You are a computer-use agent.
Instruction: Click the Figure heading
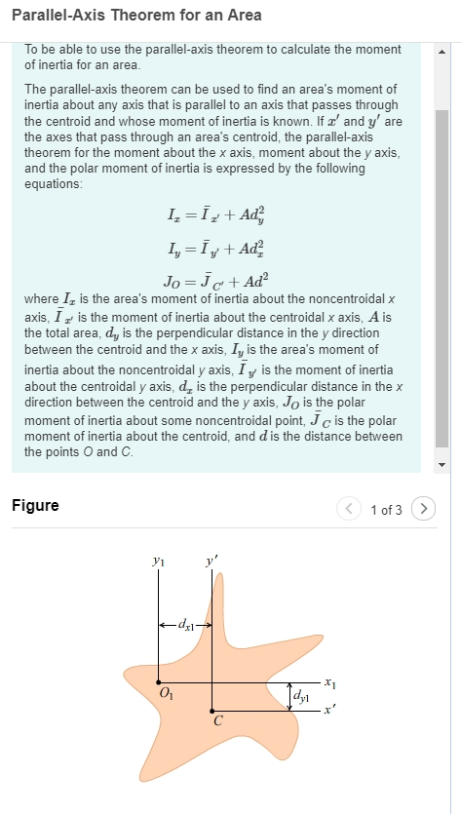pos(35,505)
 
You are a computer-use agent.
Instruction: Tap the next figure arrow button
pos(422,509)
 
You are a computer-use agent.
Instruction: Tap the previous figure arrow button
pos(348,509)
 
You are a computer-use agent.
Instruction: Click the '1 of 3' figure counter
pos(386,510)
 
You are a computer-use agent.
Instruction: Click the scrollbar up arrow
pos(442,51)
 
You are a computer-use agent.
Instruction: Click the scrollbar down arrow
pos(442,465)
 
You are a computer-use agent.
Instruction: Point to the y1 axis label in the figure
pos(159,562)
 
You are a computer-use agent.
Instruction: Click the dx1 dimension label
pos(185,622)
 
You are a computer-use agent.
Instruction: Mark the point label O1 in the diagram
pos(165,694)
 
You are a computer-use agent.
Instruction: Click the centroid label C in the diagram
pos(217,722)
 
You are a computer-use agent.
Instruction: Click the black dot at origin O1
pos(159,682)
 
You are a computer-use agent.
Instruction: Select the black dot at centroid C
pos(212,711)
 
